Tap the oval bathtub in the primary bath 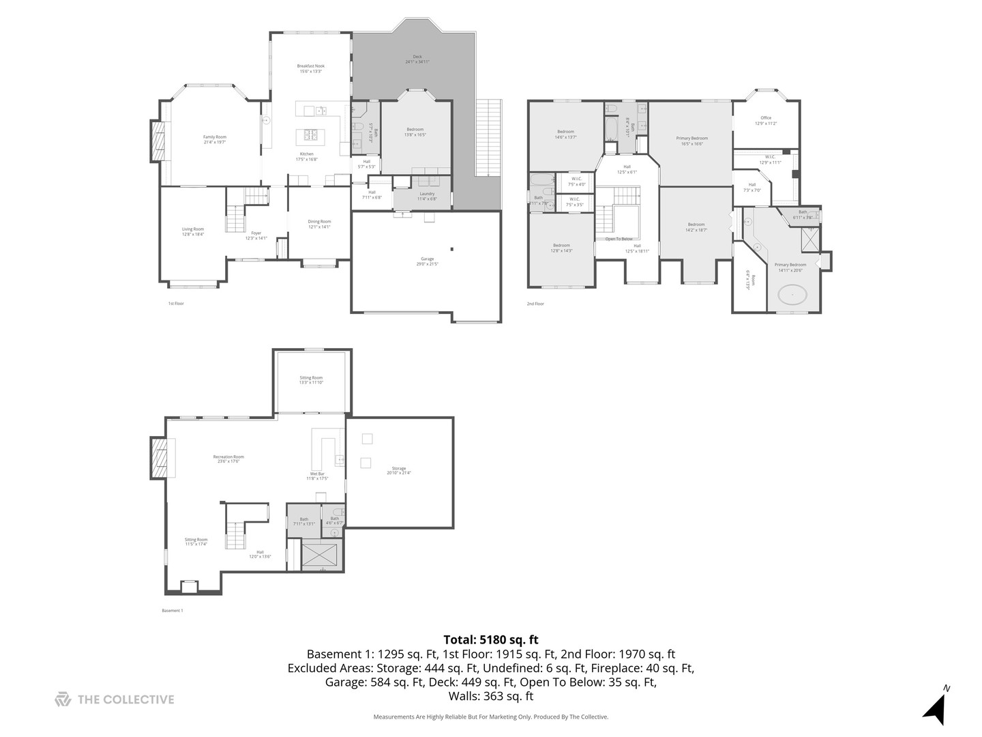pyautogui.click(x=792, y=295)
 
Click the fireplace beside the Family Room pyautogui.click(x=158, y=141)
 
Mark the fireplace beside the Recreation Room pyautogui.click(x=159, y=459)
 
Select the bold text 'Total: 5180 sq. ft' pyautogui.click(x=490, y=639)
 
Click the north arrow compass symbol pyautogui.click(x=936, y=707)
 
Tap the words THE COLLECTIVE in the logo pyautogui.click(x=126, y=699)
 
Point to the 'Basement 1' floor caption pyautogui.click(x=172, y=611)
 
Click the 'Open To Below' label pyautogui.click(x=619, y=239)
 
